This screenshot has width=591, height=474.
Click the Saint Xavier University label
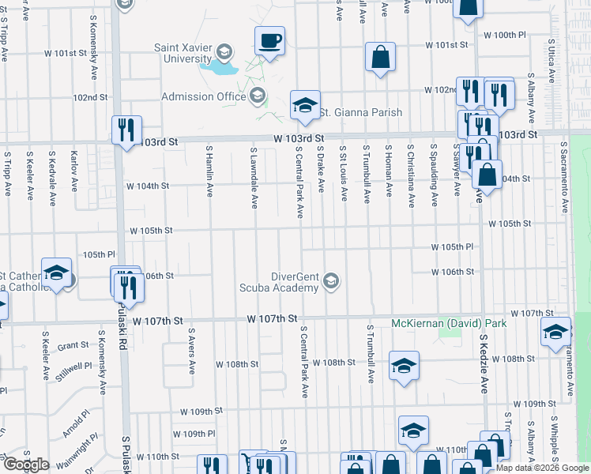[187, 53]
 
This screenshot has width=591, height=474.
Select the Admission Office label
[204, 97]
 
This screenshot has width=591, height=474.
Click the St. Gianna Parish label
[360, 112]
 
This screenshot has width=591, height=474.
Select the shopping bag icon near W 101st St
[380, 57]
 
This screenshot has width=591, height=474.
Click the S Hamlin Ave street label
[210, 172]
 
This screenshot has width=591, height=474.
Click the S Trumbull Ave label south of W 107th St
[369, 353]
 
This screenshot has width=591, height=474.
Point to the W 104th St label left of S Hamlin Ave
[148, 186]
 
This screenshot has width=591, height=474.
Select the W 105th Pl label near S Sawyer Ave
[452, 247]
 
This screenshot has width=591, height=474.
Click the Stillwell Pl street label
[76, 367]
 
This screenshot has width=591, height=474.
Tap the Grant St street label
[73, 345]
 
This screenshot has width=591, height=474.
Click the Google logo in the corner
[26, 465]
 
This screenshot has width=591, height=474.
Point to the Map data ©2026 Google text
[542, 468]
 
